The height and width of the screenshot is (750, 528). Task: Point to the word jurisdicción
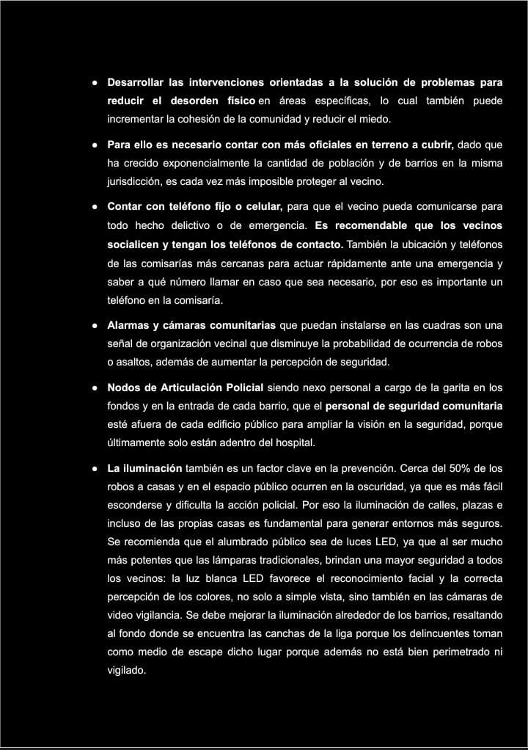click(137, 182)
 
